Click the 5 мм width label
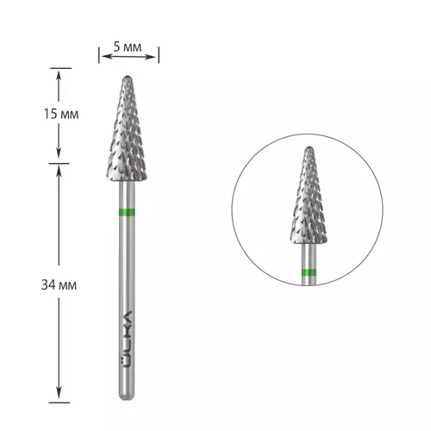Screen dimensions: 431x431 coord(128,47)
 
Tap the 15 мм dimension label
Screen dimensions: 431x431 coord(61,114)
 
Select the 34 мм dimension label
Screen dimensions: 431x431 coord(59,285)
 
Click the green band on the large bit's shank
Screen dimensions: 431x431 coord(127,212)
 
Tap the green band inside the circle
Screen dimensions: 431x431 coord(309,272)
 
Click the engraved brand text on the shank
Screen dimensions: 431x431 coord(127,339)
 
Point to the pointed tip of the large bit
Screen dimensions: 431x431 coord(128,77)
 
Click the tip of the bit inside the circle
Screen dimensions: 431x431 coord(309,147)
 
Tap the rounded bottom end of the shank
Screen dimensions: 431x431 coord(127,397)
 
